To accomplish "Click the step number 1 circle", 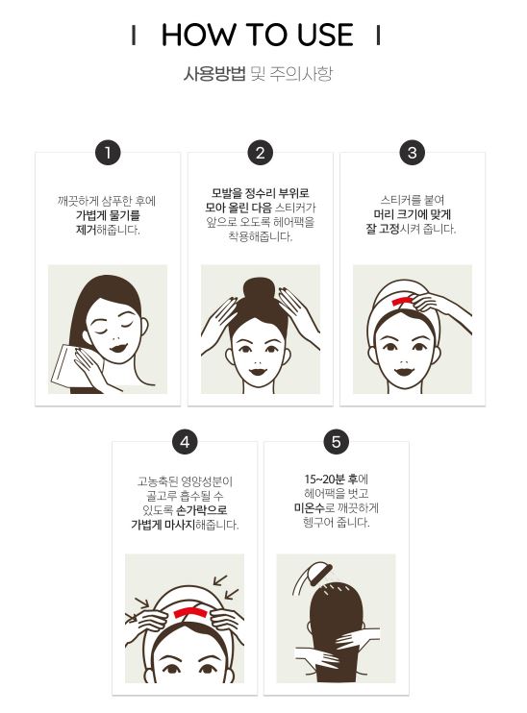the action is click(x=108, y=153).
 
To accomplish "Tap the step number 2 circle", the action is click(x=261, y=153).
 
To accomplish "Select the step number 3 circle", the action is click(x=413, y=153).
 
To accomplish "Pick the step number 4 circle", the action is click(x=185, y=442).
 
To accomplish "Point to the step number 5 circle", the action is click(x=337, y=442).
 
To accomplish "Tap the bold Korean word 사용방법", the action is click(x=214, y=74).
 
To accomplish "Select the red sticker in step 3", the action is click(x=400, y=301).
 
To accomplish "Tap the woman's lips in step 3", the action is click(x=405, y=372).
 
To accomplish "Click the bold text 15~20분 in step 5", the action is click(x=325, y=479).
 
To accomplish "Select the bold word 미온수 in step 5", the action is click(x=309, y=508).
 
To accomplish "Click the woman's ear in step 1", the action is click(x=143, y=326).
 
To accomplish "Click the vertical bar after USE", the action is click(x=378, y=35).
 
